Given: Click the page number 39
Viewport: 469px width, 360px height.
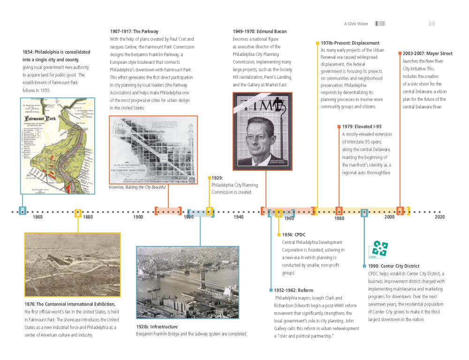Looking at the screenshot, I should coord(431,23).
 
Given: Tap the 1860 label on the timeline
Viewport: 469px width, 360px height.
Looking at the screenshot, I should coord(38,217).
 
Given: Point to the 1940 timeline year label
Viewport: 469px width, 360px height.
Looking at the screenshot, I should coord(239,217).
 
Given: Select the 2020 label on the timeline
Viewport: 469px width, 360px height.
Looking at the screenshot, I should coord(439,217).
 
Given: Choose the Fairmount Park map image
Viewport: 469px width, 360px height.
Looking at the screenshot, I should coord(58,146).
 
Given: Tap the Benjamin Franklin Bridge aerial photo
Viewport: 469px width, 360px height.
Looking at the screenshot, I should coord(187,276).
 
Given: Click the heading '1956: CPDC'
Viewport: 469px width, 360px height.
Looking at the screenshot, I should coord(294,234).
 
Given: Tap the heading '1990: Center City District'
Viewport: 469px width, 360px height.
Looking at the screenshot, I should coord(393,266).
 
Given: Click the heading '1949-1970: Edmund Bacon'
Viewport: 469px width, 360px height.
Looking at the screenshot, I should coord(259,31).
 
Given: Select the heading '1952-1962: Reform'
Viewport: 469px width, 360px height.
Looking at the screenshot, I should coord(294,290).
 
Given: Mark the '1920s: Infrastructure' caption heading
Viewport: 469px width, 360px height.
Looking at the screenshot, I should coord(157,326).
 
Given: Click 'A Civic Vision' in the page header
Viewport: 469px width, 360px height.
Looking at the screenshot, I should coord(356,23).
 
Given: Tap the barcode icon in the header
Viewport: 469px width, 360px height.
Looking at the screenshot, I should coord(380,23).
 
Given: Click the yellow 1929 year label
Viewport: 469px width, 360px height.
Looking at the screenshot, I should coord(217,178).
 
